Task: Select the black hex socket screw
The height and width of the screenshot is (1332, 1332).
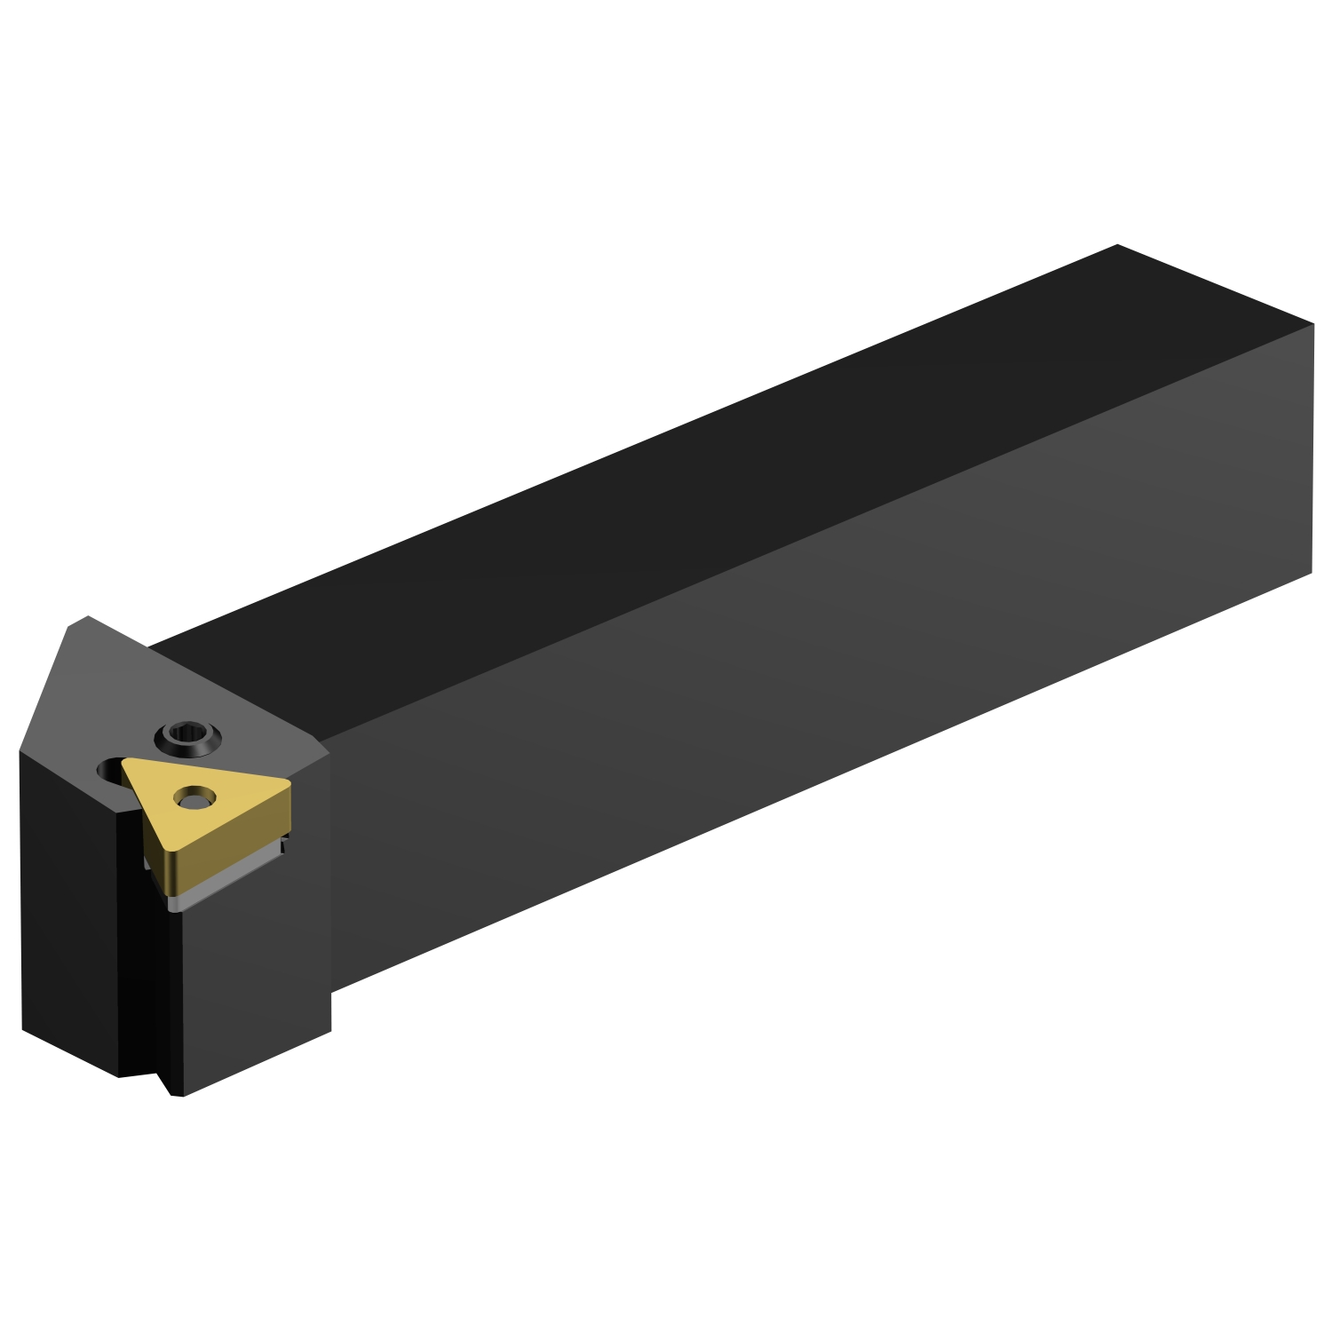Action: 187,736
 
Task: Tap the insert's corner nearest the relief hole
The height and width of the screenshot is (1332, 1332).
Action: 126,764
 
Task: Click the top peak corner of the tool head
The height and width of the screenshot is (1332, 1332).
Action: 87,616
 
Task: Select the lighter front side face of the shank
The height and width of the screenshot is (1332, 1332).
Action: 799,693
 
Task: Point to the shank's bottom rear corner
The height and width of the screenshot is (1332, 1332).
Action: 1312,573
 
